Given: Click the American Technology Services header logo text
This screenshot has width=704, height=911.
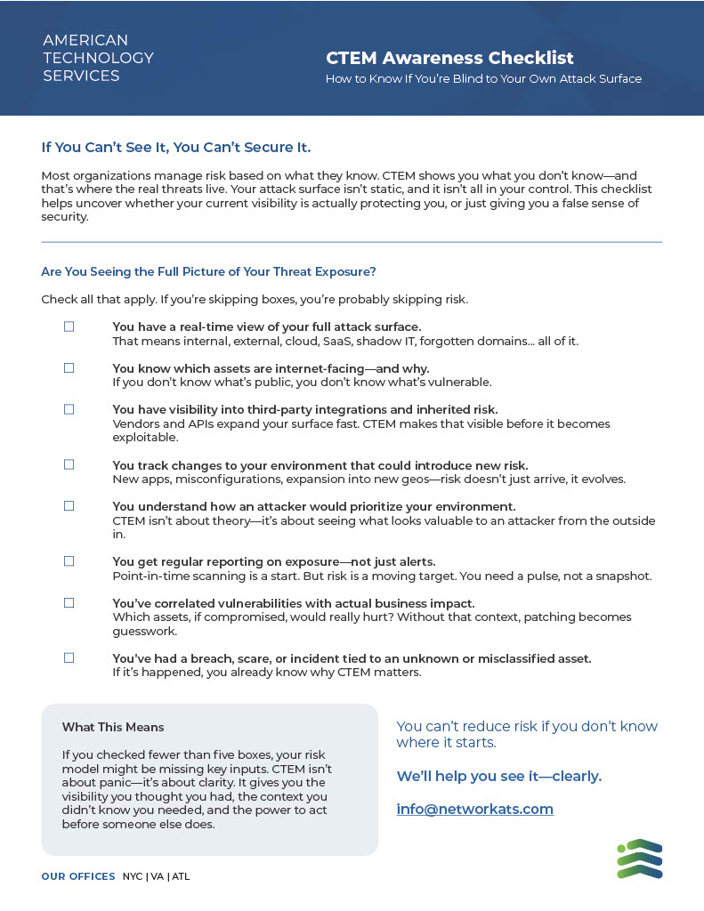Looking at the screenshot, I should click(x=98, y=58).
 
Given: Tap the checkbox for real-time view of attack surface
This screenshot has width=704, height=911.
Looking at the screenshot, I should click(x=69, y=327).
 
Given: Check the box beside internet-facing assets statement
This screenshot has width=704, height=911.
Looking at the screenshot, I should click(x=69, y=367).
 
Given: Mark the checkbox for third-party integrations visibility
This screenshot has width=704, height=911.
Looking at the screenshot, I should click(x=69, y=409).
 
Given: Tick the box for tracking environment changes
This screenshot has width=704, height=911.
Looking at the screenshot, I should click(x=69, y=464).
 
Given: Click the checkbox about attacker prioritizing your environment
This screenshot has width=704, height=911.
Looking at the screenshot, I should click(x=69, y=505).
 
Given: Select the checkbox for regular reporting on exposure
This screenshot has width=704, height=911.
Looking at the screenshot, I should click(x=69, y=561).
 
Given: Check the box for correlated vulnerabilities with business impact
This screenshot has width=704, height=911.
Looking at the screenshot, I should click(x=69, y=602).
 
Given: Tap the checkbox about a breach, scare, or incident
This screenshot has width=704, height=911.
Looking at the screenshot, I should click(x=69, y=657).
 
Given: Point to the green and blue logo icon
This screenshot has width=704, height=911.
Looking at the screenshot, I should click(x=639, y=859).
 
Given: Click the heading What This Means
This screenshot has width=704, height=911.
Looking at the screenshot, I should click(x=113, y=727).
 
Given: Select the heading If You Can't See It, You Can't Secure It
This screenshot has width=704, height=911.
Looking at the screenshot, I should click(x=176, y=147).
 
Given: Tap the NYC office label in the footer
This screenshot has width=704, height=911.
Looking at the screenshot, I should click(x=133, y=876).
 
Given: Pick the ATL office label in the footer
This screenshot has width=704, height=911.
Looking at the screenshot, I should click(x=181, y=876).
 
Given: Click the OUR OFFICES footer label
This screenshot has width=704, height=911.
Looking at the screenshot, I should click(x=78, y=876).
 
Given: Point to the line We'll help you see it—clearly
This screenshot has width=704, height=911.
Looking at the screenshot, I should click(x=498, y=776).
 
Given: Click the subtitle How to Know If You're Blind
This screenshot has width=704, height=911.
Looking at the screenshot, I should click(x=483, y=78).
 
